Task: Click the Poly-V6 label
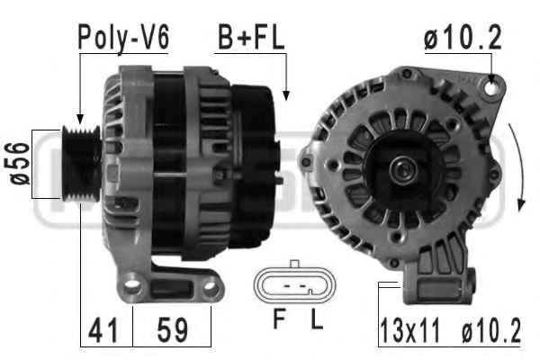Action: [x=123, y=37]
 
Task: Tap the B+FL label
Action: [x=251, y=37]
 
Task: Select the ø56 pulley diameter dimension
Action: [x=19, y=163]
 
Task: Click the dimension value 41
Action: [x=103, y=330]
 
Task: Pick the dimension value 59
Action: [x=173, y=330]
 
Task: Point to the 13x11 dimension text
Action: [x=409, y=330]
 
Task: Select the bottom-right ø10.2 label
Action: [x=490, y=330]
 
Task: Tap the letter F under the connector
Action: [x=279, y=319]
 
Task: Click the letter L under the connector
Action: [x=316, y=319]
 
